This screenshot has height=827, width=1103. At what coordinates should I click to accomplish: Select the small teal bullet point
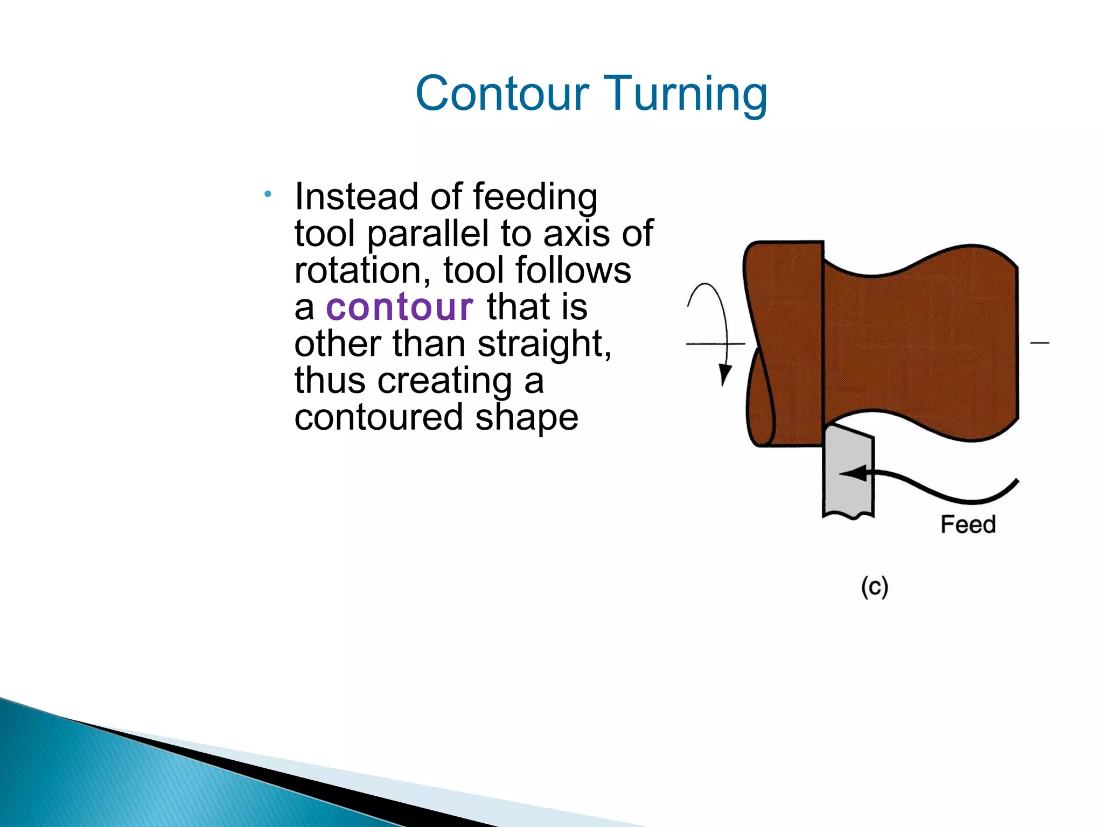tap(268, 194)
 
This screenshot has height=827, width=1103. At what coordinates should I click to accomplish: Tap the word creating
tap(444, 381)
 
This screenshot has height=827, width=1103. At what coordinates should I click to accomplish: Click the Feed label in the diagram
tap(967, 524)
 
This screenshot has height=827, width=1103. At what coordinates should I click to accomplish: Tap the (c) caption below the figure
tap(874, 587)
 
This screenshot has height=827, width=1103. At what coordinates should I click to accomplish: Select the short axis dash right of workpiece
tap(1039, 342)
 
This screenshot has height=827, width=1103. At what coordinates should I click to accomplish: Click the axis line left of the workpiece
tap(706, 344)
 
